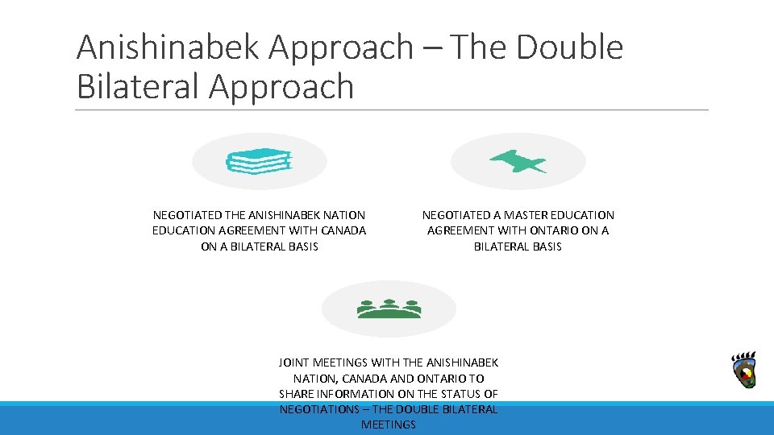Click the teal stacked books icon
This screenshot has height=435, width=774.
tap(259, 162)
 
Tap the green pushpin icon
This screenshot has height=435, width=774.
tap(518, 162)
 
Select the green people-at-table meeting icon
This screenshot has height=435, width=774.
tap(389, 309)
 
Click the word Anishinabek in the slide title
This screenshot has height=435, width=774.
tap(168, 48)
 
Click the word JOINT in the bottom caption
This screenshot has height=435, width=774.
tap(294, 362)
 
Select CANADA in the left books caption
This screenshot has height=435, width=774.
tap(345, 230)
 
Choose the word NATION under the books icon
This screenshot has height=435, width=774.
tap(343, 215)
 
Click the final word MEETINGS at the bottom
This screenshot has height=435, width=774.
tap(389, 424)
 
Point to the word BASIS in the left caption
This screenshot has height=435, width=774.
tap(300, 246)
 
